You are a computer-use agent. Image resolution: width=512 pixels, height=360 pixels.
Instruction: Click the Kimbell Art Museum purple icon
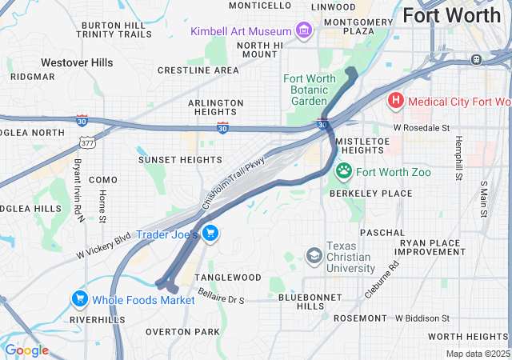tap(303, 31)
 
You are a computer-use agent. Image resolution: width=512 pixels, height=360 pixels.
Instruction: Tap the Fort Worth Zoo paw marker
tap(345, 170)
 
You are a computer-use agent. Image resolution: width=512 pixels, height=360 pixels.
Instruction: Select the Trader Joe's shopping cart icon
tap(210, 234)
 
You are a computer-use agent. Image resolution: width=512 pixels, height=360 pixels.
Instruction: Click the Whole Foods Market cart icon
tap(80, 299)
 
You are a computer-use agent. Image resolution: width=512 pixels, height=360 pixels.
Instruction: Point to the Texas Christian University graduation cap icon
tap(314, 255)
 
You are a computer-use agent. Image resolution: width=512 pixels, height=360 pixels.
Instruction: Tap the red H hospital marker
tap(395, 101)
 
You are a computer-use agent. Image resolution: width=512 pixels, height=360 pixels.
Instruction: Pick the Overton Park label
tap(182, 331)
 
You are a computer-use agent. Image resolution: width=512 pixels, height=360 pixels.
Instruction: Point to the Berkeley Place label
tap(370, 194)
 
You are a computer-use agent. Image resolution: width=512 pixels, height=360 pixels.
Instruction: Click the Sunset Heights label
tap(180, 160)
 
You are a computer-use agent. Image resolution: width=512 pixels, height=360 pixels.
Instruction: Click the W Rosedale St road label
tap(422, 127)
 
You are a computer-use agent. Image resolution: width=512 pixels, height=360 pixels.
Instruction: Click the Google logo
tap(26, 350)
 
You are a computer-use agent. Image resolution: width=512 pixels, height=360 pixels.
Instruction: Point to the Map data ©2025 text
tap(477, 354)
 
